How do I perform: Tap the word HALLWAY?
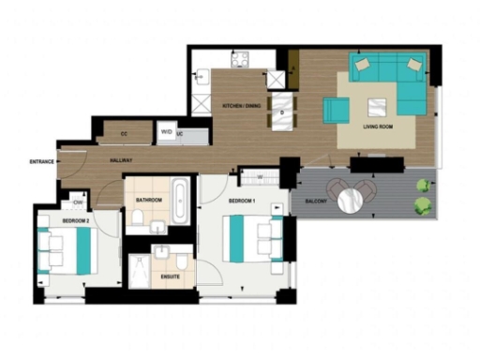pyautogui.click(x=121, y=161)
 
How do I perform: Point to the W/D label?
pyautogui.click(x=165, y=132)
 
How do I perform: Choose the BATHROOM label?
pyautogui.click(x=149, y=200)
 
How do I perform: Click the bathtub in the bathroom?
pyautogui.click(x=183, y=200)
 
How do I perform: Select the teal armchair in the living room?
pyautogui.click(x=336, y=110)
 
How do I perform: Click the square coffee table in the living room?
pyautogui.click(x=380, y=105)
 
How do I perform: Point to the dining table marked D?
pyautogui.click(x=283, y=112)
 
